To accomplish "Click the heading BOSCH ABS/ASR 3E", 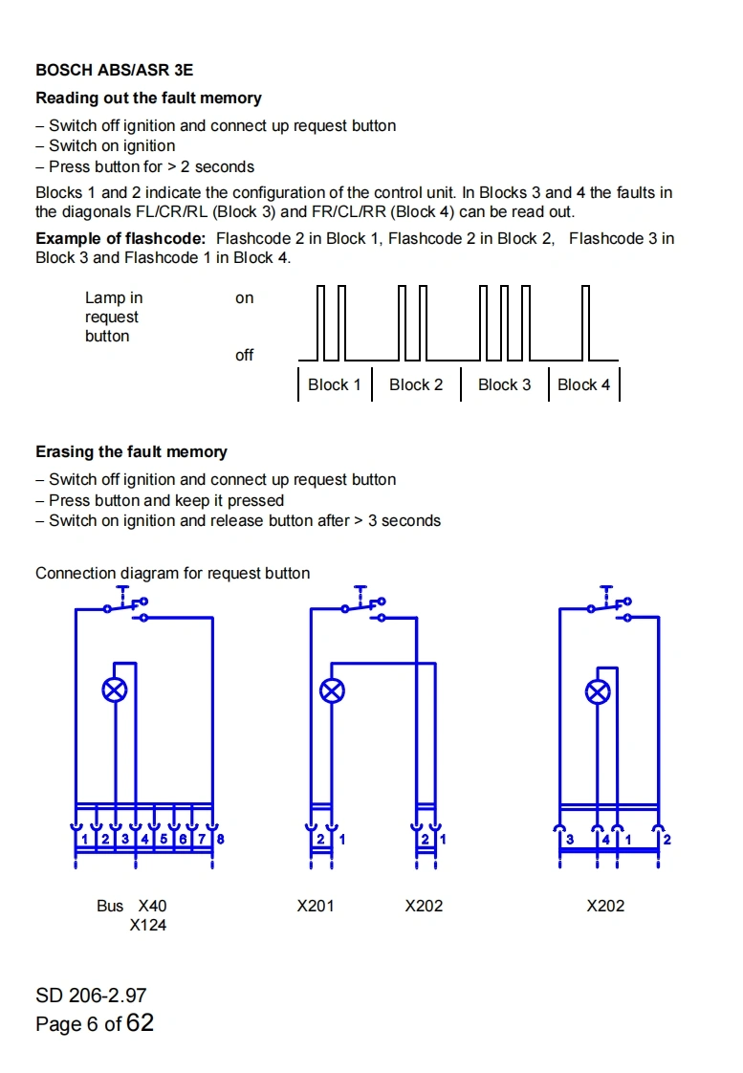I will [114, 70].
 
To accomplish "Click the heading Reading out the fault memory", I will [148, 98].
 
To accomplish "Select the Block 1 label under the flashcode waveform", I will [334, 384].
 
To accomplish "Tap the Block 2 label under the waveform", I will [416, 384].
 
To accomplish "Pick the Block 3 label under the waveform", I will [504, 384].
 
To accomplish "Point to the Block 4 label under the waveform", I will [583, 384].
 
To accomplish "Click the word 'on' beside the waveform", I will [245, 297].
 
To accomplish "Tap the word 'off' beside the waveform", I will [245, 355].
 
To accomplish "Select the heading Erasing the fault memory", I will [131, 451].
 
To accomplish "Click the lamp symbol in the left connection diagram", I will [115, 690].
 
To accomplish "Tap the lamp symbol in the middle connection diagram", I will [332, 690].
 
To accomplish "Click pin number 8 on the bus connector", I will [221, 839].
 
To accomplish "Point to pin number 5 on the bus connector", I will [164, 839].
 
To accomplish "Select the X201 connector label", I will [316, 906].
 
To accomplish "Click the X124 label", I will [148, 925].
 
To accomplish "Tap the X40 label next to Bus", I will [152, 906].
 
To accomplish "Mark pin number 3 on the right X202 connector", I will [570, 840].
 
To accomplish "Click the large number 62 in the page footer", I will [140, 1022].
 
